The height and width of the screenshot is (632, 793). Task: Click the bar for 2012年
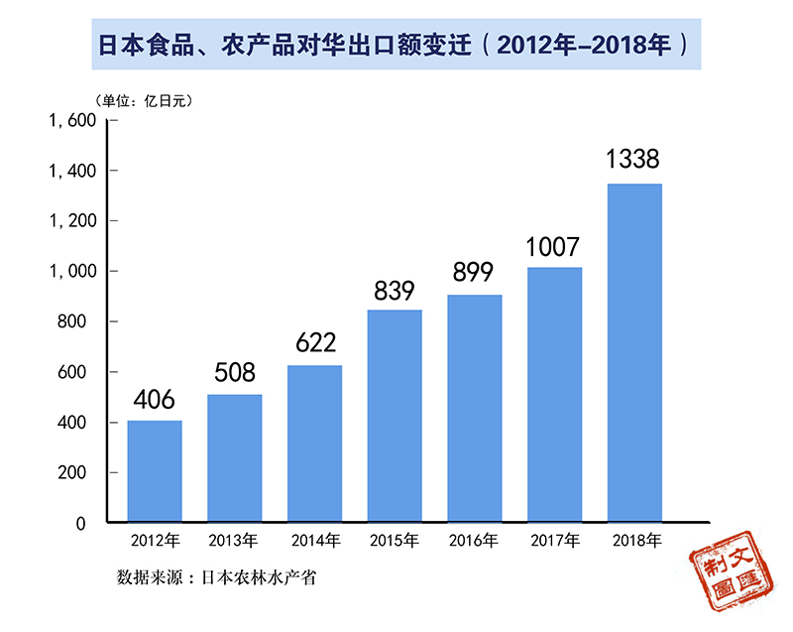155,471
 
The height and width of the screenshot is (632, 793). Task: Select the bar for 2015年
395,417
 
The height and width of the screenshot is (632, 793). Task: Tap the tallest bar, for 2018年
634,352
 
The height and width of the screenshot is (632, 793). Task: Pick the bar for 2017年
554,395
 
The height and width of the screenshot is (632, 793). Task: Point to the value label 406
155,399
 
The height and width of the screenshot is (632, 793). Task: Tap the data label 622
314,343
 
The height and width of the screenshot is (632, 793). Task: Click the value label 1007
553,246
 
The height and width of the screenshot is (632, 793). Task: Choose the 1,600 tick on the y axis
71,120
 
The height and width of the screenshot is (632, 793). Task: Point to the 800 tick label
79,321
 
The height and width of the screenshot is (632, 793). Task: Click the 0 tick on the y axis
89,523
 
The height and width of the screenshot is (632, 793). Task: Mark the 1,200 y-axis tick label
71,221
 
